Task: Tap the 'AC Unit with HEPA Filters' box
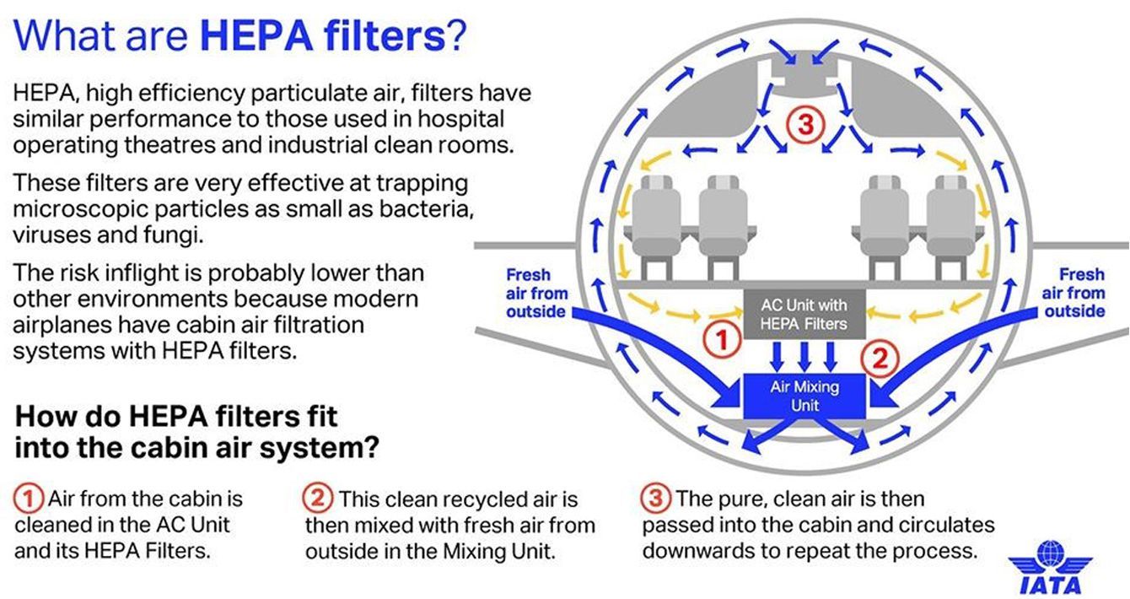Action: click(x=804, y=313)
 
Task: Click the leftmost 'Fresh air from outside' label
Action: click(x=536, y=294)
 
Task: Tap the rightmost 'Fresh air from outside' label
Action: click(x=1073, y=294)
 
